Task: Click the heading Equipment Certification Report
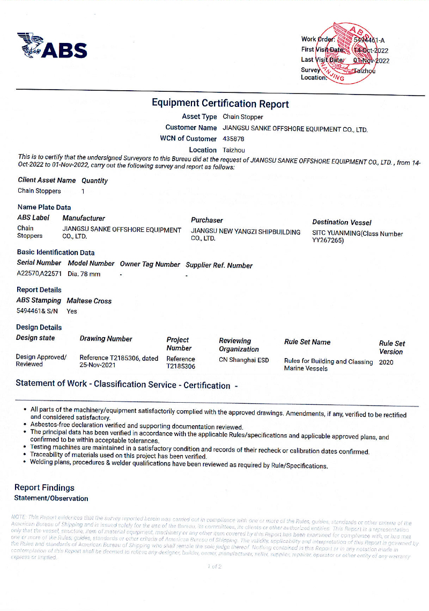pyautogui.click(x=220, y=104)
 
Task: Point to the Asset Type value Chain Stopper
pyautogui.click(x=243, y=117)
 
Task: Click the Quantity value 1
pyautogui.click(x=83, y=191)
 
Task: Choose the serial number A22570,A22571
pyautogui.click(x=39, y=274)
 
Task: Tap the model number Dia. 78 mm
pyautogui.click(x=84, y=274)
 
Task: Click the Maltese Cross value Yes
pyautogui.click(x=72, y=311)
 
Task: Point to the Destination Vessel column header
pyautogui.click(x=342, y=222)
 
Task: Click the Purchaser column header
pyautogui.click(x=207, y=220)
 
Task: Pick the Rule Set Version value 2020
pyautogui.click(x=386, y=362)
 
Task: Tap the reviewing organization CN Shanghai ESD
pyautogui.click(x=243, y=360)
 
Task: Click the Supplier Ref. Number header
pyautogui.click(x=219, y=265)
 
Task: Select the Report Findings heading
pyautogui.click(x=45, y=488)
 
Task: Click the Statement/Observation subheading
pyautogui.click(x=51, y=498)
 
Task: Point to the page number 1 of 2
pyautogui.click(x=214, y=566)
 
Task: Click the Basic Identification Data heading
pyautogui.click(x=56, y=252)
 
